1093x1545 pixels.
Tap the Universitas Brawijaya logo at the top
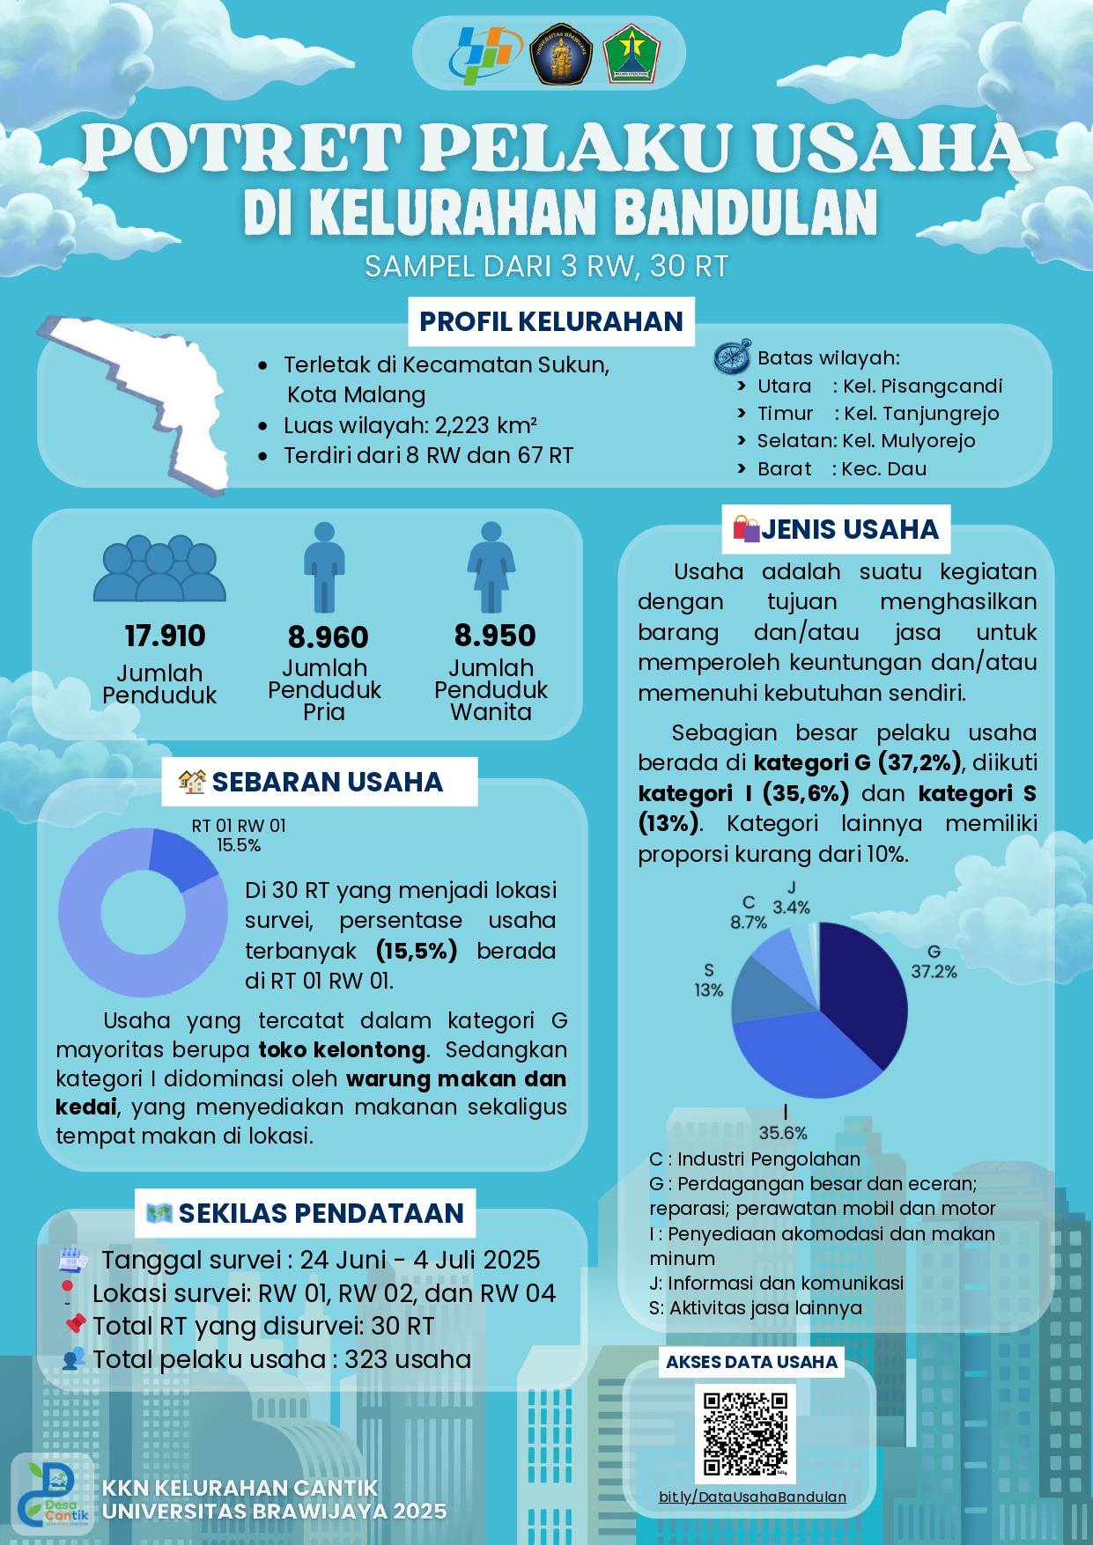click(560, 54)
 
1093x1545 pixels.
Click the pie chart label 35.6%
click(783, 1133)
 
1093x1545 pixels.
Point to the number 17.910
click(165, 636)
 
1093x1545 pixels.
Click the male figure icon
click(324, 568)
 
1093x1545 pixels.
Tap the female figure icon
click(491, 568)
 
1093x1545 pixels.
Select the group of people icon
click(159, 570)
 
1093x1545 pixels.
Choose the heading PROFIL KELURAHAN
click(550, 321)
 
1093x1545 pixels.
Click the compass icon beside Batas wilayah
click(732, 357)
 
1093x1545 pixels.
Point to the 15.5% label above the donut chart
click(239, 845)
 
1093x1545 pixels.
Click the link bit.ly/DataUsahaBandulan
click(752, 1497)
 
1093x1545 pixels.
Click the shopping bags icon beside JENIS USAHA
click(746, 528)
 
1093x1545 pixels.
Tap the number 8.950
click(495, 636)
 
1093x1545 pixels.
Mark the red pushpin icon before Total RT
click(76, 1323)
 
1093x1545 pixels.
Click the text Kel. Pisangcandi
click(922, 386)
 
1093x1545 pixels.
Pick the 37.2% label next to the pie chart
click(934, 971)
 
